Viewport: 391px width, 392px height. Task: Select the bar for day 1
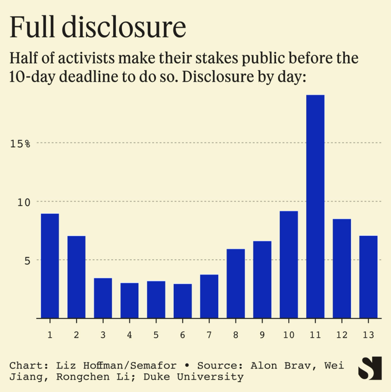[50, 266]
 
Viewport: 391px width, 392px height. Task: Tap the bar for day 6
[183, 301]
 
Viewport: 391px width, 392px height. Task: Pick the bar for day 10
[289, 264]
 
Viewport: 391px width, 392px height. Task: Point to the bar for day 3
[103, 298]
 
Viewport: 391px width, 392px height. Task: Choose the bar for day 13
[368, 277]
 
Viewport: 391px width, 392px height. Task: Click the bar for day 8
[236, 283]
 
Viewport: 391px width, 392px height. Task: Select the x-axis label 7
[209, 335]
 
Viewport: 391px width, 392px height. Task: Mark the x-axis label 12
[342, 335]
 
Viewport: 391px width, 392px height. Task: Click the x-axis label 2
[76, 335]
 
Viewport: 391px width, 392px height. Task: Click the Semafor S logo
[369, 369]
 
